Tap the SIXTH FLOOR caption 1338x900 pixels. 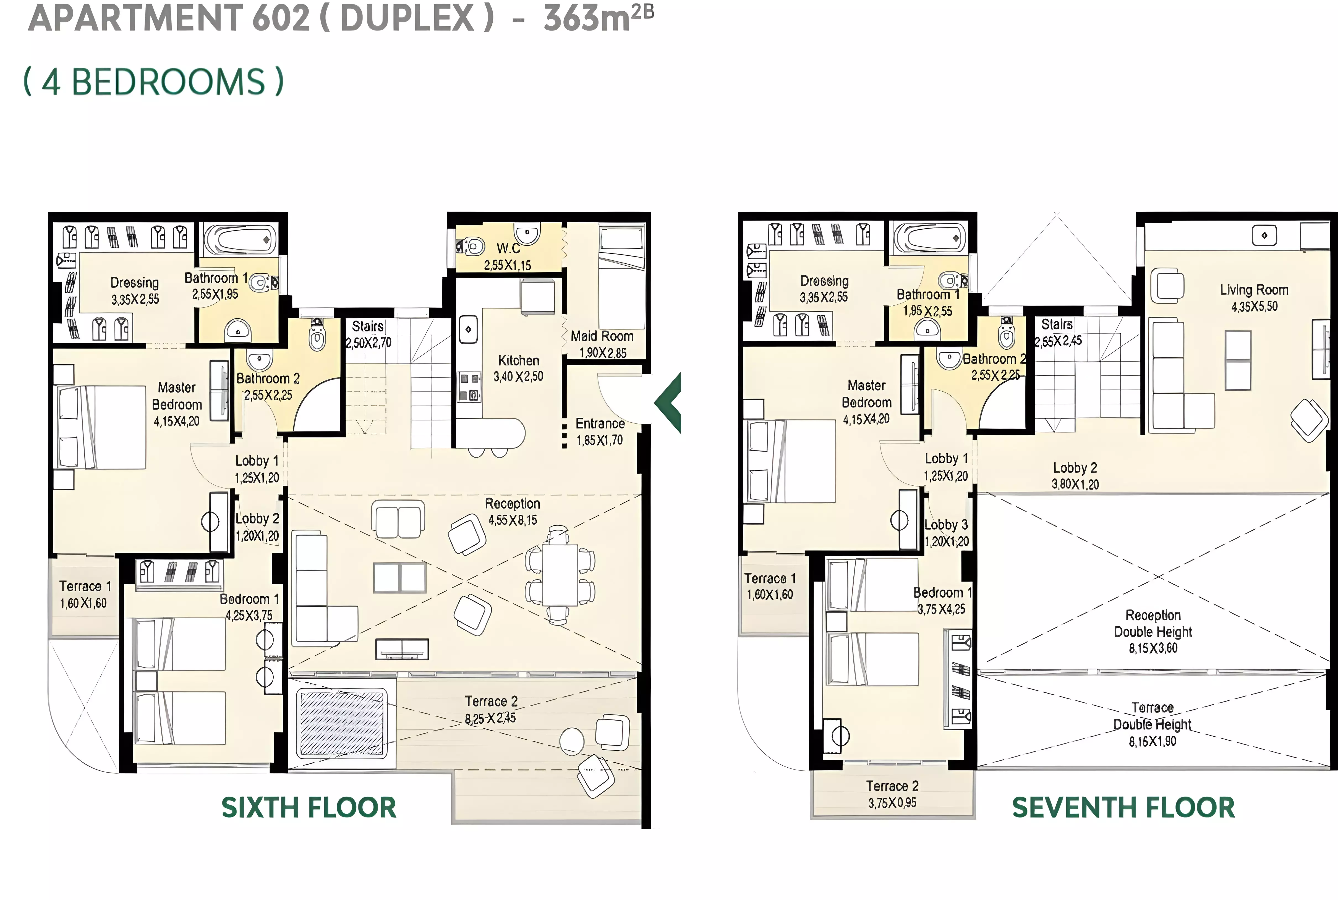click(x=309, y=808)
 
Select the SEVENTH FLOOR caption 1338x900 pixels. click(x=1123, y=808)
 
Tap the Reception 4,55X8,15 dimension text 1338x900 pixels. click(x=513, y=520)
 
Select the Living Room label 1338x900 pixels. click(x=1254, y=290)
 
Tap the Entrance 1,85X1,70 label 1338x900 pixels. click(x=600, y=432)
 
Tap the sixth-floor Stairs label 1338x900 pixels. click(x=368, y=326)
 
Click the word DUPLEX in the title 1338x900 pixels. click(x=407, y=18)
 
